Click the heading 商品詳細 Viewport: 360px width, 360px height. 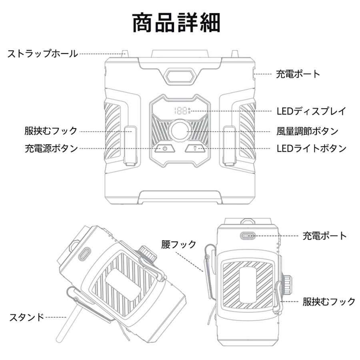(x=176, y=23)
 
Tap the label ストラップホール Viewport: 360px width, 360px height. (x=42, y=54)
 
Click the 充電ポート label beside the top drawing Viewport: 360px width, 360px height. (x=298, y=74)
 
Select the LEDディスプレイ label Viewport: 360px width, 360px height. (x=311, y=111)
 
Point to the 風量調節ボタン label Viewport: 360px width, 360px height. (x=307, y=131)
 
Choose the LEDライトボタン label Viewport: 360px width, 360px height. (x=311, y=148)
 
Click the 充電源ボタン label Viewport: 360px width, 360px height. (x=51, y=148)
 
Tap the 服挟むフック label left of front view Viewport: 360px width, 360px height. (x=50, y=131)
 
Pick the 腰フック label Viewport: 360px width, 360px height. (x=179, y=244)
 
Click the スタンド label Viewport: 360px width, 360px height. (x=26, y=318)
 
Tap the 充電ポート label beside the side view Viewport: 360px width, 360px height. (x=324, y=236)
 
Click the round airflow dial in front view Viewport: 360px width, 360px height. (x=179, y=131)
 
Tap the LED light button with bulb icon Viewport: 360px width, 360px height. (x=196, y=149)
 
